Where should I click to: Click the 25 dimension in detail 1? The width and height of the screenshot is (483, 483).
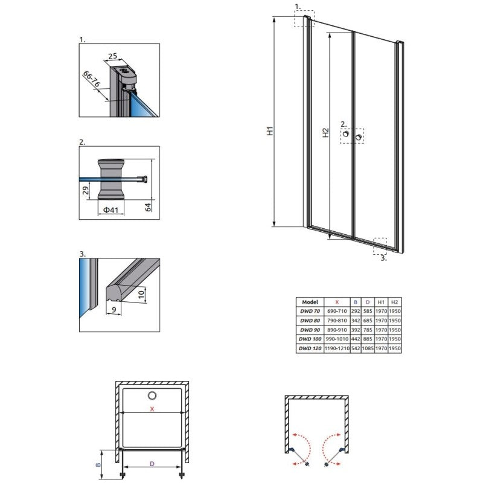tap(113, 56)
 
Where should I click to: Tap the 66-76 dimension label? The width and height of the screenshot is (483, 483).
tap(92, 79)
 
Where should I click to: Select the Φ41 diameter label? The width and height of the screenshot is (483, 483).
tap(110, 210)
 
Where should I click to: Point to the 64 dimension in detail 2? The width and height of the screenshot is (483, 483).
tap(149, 207)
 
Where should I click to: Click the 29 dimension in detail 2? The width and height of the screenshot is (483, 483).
tap(86, 190)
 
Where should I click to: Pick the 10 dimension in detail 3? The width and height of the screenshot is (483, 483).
tap(141, 294)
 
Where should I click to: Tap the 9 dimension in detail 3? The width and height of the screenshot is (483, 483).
tap(114, 309)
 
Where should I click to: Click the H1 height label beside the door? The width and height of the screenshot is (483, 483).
tap(270, 131)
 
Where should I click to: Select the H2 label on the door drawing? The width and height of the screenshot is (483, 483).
tap(325, 133)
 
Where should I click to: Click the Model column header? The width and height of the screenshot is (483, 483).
tap(310, 302)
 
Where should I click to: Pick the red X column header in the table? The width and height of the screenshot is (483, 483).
tap(337, 302)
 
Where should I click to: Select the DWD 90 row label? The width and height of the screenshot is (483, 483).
tap(310, 330)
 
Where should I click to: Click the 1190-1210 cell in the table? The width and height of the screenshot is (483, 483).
tap(337, 348)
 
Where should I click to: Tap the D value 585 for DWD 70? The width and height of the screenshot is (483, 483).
tap(368, 312)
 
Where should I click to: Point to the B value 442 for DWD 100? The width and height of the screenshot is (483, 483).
tap(356, 339)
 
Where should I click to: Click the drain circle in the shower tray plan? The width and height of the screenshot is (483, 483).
tap(152, 395)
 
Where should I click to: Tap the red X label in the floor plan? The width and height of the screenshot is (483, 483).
tap(152, 409)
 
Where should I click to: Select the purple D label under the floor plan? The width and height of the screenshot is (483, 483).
tap(152, 464)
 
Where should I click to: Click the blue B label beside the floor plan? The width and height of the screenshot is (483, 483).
tap(98, 464)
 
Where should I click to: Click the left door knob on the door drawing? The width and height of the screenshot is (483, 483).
tap(346, 133)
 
